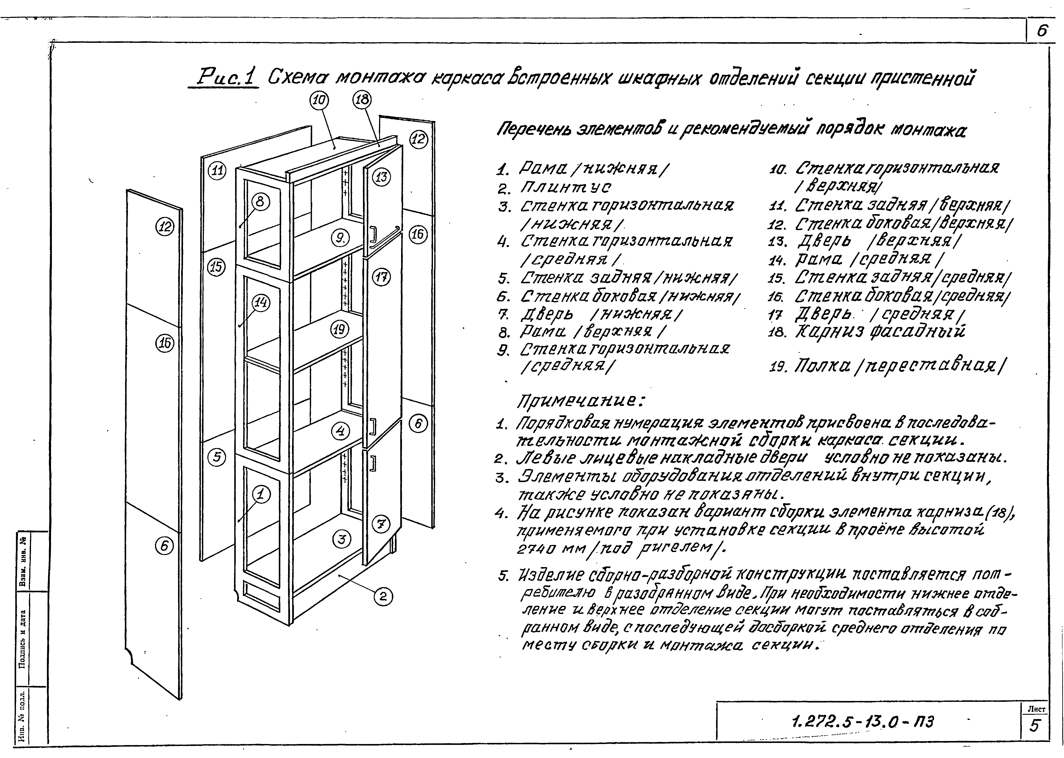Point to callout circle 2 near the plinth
[x=383, y=597]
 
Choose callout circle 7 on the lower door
[x=380, y=525]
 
